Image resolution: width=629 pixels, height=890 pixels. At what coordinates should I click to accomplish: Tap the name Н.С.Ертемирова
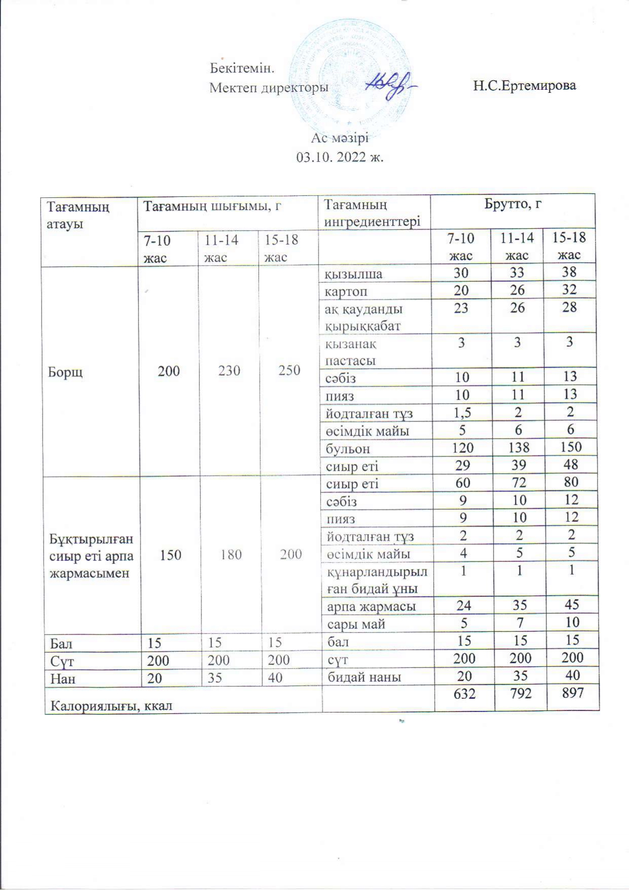click(x=525, y=86)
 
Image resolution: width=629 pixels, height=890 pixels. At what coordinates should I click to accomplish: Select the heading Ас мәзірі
click(x=340, y=138)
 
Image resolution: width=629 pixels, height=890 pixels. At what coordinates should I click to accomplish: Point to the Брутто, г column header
click(x=513, y=205)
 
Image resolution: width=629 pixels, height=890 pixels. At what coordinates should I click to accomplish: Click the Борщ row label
click(x=65, y=372)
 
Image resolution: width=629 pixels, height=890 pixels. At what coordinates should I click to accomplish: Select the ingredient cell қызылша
click(x=354, y=274)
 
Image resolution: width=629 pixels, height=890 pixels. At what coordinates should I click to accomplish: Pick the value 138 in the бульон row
click(x=517, y=447)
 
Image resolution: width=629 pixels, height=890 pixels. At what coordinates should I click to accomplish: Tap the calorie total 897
click(x=571, y=693)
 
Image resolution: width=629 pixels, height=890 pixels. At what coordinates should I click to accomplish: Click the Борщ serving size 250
click(x=289, y=371)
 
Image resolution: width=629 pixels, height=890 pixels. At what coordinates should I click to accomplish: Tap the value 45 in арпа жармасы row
click(x=571, y=605)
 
